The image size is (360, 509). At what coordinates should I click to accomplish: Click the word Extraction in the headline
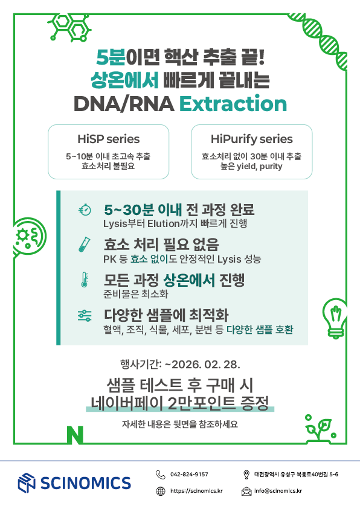(x=233, y=104)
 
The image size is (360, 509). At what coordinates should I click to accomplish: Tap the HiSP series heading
(x=108, y=139)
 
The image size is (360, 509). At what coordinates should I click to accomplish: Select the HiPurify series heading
(x=252, y=139)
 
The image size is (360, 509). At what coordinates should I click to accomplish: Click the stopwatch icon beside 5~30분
(x=85, y=210)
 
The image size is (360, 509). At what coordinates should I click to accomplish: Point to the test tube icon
(x=85, y=244)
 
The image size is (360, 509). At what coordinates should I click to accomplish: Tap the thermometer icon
(x=85, y=280)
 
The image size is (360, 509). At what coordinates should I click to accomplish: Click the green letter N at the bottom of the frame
(x=75, y=435)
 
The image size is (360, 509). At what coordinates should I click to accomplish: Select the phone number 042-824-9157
(x=189, y=474)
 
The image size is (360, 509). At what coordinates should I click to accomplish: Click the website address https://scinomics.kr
(x=196, y=491)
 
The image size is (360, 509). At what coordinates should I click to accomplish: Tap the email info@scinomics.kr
(x=278, y=491)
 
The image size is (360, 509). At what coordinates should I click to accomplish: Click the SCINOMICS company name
(x=86, y=483)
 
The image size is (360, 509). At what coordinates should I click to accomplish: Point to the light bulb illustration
(x=335, y=318)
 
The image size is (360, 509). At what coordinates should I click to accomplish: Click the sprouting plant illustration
(x=320, y=428)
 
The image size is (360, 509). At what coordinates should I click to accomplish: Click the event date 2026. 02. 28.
(x=206, y=365)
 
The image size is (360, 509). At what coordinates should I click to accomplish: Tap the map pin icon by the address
(x=246, y=475)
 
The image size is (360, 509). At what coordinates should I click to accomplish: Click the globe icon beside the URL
(x=161, y=491)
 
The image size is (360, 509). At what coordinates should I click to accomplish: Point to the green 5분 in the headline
(x=111, y=57)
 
